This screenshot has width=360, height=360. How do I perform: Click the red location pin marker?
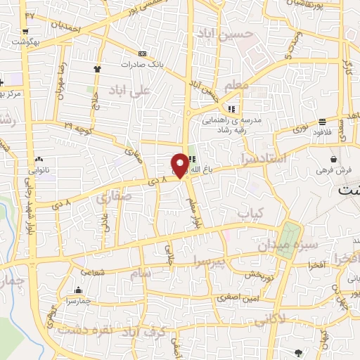pos(181,165)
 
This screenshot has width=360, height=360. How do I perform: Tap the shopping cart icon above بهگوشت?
pos(25,31)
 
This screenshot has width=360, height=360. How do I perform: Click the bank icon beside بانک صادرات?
pos(143,54)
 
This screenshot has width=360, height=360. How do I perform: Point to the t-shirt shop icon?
pos(97,69)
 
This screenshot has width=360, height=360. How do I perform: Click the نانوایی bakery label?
pos(39,170)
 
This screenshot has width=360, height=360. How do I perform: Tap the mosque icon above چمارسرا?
pos(78,290)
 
